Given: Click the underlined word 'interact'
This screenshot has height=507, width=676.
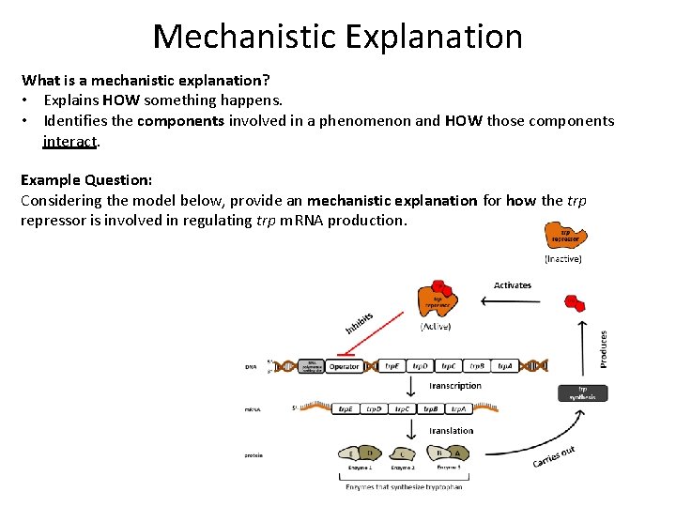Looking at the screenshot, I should click(70, 141).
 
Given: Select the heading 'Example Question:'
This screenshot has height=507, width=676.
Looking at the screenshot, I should click(86, 179).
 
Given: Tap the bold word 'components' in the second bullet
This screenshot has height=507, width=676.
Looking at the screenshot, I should click(180, 121).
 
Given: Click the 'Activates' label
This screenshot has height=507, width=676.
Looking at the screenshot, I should click(512, 284).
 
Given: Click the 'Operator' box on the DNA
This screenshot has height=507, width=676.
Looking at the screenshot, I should click(345, 366).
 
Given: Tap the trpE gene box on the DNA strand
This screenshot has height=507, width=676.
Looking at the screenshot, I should click(392, 366).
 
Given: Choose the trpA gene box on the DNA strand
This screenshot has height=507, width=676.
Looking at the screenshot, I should click(505, 366).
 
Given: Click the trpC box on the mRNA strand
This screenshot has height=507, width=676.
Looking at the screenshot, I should click(402, 409).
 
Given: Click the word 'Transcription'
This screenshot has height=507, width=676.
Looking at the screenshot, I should click(455, 386).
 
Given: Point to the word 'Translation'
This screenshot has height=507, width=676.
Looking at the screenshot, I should click(452, 431).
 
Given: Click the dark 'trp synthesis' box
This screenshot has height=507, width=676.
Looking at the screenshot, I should click(582, 392).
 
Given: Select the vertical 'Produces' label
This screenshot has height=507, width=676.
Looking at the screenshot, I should click(604, 347).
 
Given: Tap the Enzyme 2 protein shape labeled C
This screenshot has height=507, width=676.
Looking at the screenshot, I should click(403, 454).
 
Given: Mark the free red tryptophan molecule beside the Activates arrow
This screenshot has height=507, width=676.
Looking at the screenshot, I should click(574, 302).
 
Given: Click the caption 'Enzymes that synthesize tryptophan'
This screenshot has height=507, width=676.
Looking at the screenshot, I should click(404, 486).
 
